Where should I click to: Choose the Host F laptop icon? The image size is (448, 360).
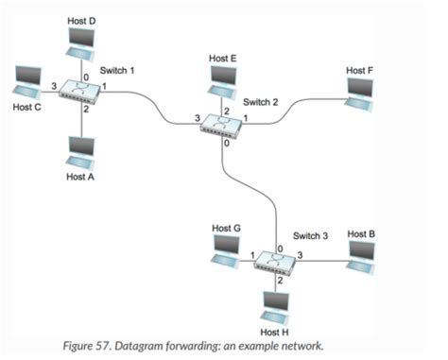(x=359, y=91)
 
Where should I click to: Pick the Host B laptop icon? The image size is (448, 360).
(x=363, y=252)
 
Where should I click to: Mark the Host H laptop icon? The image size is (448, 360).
(x=276, y=302)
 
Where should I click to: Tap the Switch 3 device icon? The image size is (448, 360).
(x=275, y=262)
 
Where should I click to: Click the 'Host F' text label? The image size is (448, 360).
(x=359, y=70)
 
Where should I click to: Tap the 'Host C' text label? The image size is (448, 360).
(x=27, y=107)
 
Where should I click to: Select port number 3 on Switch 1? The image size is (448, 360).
(x=54, y=86)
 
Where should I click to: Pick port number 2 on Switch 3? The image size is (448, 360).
(x=280, y=281)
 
